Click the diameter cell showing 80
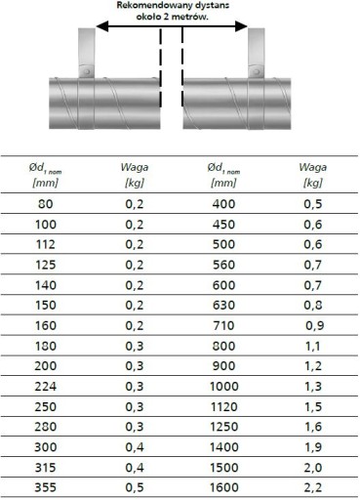tap(45, 204)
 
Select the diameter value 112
tap(45, 244)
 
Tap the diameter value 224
tap(45, 387)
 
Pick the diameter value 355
tap(45, 487)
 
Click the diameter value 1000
tap(224, 387)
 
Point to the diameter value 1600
tap(224, 487)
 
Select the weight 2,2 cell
tap(313, 487)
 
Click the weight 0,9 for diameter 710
tap(314, 325)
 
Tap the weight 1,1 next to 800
tap(312, 346)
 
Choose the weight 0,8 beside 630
tap(313, 306)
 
